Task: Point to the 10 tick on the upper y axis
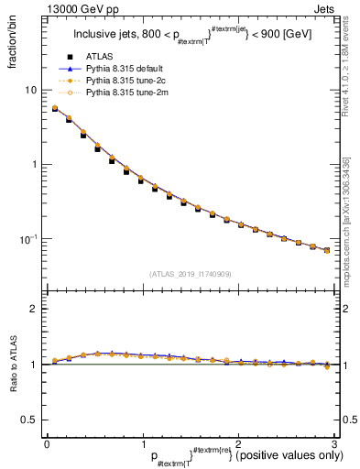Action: (x=30, y=90)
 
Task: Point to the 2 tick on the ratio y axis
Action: (x=33, y=309)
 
